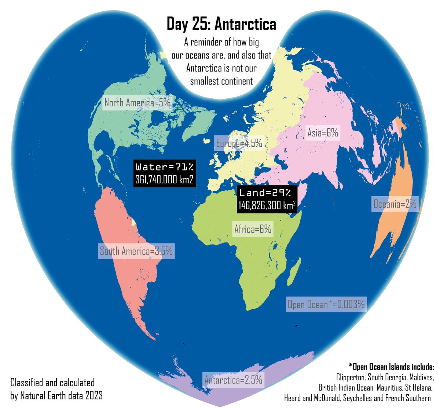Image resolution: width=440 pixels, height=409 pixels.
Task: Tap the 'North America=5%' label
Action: pos(137,103)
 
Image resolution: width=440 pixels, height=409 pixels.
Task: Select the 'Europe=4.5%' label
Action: pos(239,143)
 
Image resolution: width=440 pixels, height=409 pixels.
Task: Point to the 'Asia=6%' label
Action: pos(323,133)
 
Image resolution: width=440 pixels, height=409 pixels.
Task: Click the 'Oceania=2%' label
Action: pos(395,204)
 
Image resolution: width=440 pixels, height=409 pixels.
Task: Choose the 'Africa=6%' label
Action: pos(253,229)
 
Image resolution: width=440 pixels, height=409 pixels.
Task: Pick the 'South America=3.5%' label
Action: pos(136,251)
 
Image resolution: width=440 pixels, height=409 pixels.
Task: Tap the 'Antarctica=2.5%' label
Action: pos(234,380)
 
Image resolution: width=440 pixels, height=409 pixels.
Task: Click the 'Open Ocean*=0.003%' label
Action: pos(326,304)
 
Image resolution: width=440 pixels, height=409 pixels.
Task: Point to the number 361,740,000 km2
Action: pos(164,179)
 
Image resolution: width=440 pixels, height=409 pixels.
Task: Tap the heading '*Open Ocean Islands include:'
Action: pos(391,367)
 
